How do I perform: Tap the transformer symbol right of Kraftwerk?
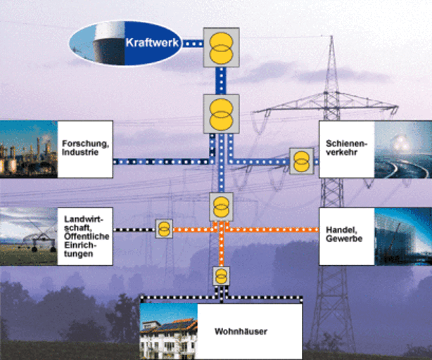click(x=221, y=47)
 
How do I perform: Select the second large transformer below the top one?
click(x=221, y=113)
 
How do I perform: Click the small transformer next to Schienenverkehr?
click(x=300, y=160)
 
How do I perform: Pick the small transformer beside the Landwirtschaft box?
click(x=164, y=229)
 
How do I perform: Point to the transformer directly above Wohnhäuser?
click(x=222, y=274)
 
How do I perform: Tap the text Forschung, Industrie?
click(x=85, y=148)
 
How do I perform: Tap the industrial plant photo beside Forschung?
click(x=28, y=148)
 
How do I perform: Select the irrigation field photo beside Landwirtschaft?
click(x=28, y=236)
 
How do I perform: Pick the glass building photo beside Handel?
click(x=402, y=236)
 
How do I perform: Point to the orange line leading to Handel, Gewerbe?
click(x=281, y=229)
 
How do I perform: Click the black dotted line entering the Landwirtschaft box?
click(x=134, y=229)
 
